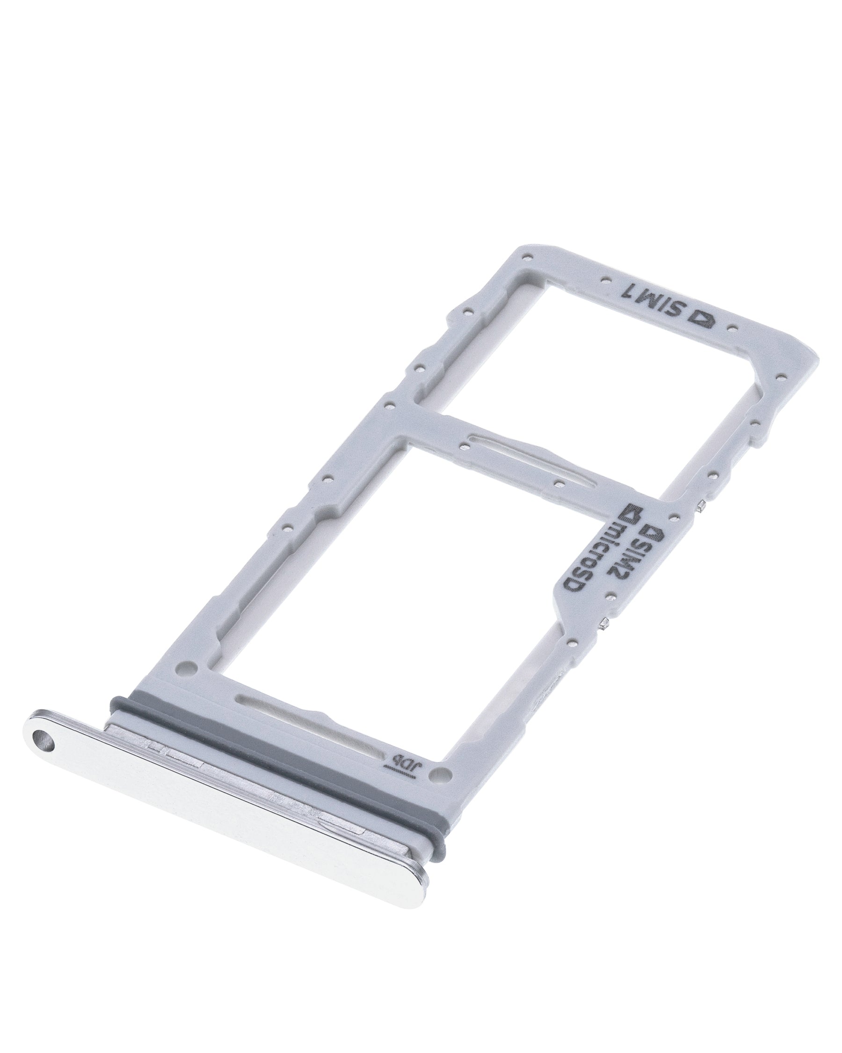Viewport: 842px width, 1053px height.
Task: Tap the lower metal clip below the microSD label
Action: [x=605, y=624]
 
